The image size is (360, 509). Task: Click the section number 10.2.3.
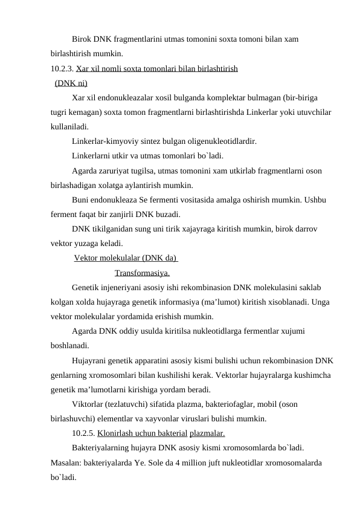click(62, 68)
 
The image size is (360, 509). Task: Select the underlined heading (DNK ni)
click(71, 83)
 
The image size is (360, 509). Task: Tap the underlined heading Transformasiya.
click(141, 273)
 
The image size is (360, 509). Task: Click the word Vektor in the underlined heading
click(86, 258)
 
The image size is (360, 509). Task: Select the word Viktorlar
click(88, 404)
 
